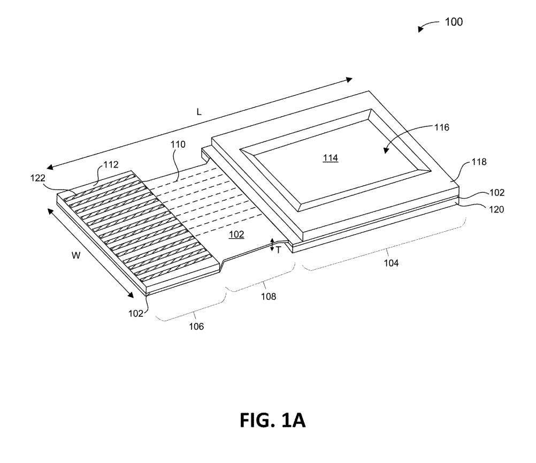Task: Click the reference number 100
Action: coord(454,22)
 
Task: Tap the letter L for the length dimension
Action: coord(198,112)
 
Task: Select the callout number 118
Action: coord(479,162)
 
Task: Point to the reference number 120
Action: coord(479,210)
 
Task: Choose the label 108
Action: coord(268,296)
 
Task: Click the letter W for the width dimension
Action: coord(76,256)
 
